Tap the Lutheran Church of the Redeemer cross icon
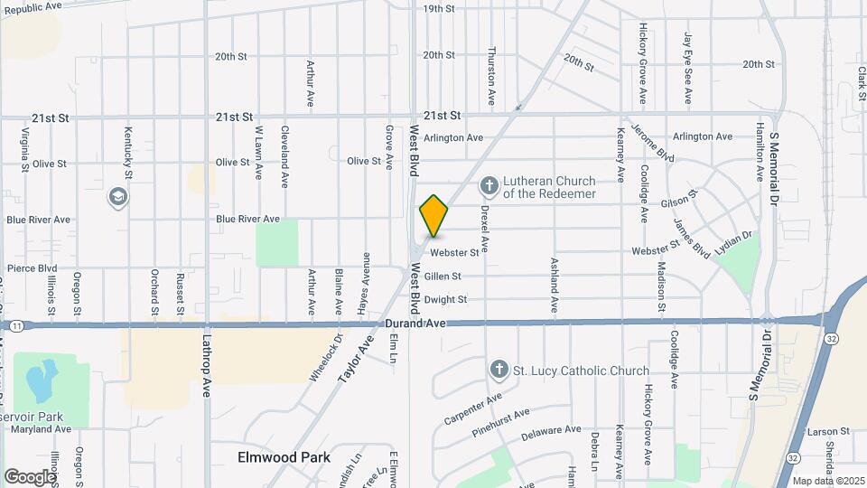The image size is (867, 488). tap(489, 187)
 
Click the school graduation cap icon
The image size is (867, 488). tap(117, 196)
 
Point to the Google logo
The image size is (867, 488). tap(30, 476)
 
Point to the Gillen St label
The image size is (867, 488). tap(443, 277)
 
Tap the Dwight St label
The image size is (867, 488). tap(446, 300)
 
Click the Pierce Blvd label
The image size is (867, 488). tap(32, 268)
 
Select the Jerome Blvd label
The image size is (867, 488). tap(653, 142)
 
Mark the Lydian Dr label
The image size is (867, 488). tap(732, 238)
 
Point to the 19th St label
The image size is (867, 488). tap(438, 8)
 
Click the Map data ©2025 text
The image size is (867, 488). tap(828, 480)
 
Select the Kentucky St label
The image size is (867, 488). tap(128, 152)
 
